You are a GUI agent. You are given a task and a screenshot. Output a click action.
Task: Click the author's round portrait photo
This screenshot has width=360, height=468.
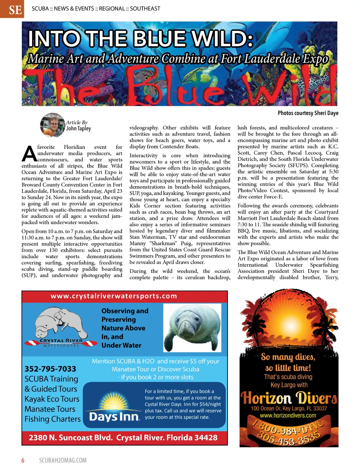coord(52,125)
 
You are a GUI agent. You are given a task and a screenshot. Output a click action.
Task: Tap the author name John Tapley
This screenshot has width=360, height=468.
coord(78,128)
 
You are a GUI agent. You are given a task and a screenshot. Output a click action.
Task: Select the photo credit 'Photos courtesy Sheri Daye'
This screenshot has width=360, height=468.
coord(308,113)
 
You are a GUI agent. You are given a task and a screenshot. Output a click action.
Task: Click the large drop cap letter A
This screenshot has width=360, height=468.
coord(29,153)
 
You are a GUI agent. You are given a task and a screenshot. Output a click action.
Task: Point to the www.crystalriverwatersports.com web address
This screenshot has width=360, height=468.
coord(114,296)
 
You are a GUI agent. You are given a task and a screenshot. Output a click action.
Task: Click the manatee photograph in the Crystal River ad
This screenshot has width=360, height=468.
coord(192,328)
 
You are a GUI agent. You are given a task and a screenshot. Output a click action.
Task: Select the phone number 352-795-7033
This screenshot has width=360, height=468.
coord(50,369)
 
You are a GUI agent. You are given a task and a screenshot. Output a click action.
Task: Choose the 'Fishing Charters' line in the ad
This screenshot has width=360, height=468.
coord(52,419)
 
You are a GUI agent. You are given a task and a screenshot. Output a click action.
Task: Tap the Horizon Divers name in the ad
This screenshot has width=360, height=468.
coord(289,398)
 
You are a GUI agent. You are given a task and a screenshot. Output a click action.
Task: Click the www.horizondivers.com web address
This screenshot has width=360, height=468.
coord(288,416)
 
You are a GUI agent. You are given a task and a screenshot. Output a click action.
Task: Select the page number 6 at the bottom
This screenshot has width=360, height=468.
coord(23,460)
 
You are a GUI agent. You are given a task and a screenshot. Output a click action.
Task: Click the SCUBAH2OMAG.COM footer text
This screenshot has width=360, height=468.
coord(63,460)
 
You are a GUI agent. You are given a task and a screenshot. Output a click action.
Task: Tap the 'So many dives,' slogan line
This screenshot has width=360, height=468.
coord(288,357)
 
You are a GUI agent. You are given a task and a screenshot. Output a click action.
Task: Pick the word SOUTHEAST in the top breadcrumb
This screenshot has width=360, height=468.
coord(145,8)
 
